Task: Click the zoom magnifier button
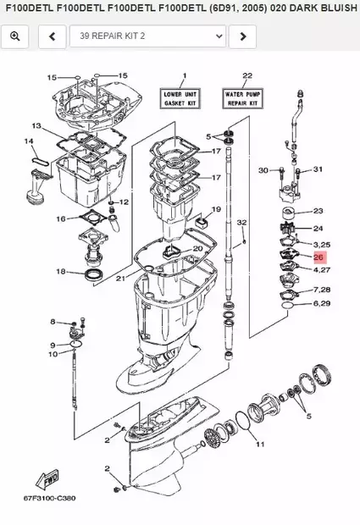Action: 16,36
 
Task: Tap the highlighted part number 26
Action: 318,257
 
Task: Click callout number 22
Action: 246,75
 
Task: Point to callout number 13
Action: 37,125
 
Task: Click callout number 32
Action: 241,222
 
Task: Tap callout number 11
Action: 259,444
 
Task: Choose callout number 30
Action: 263,170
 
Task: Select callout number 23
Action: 318,211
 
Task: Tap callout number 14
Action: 29,141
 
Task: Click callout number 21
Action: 120,278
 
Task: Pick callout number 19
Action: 216,209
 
